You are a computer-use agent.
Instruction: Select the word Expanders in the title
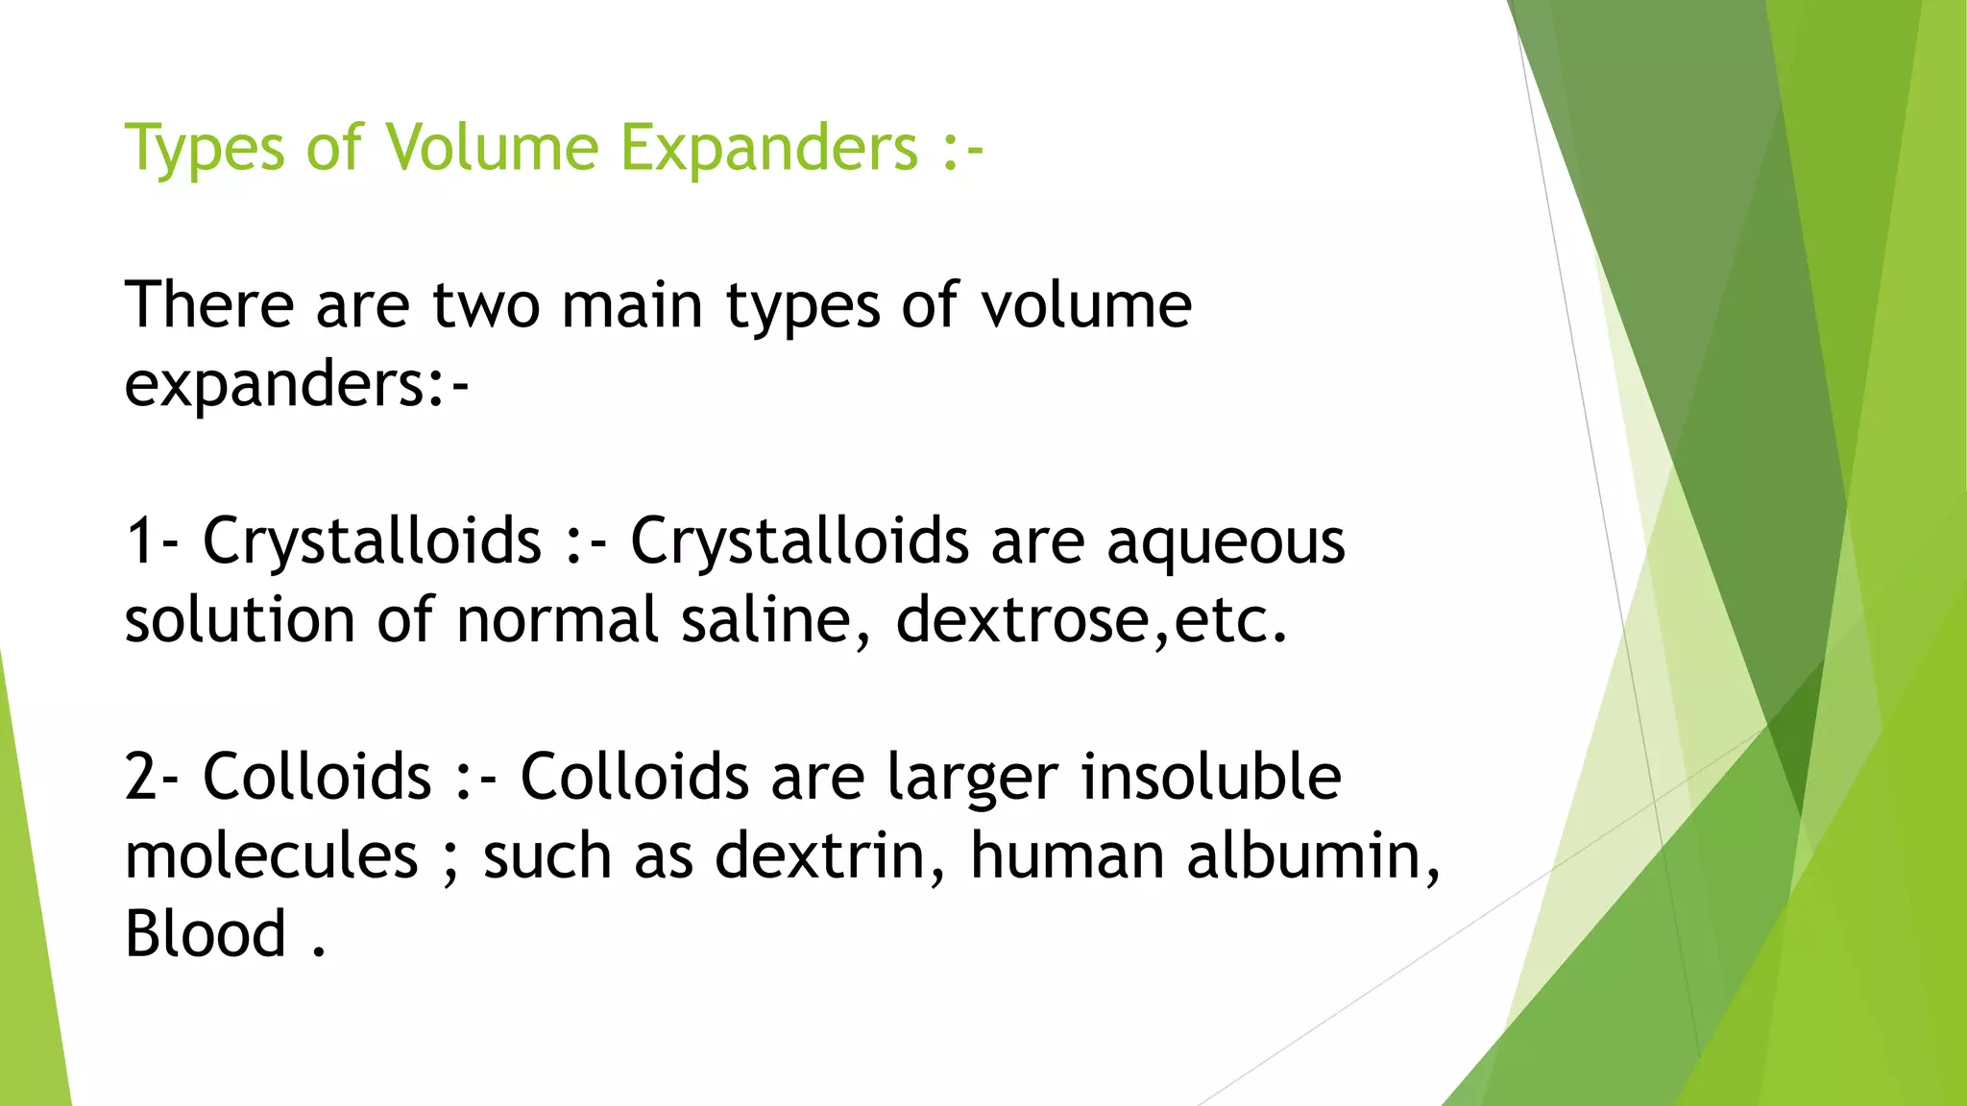(769, 150)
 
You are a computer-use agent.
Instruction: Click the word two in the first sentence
(486, 305)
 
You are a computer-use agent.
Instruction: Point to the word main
(632, 305)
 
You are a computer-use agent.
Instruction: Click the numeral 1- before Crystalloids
(152, 541)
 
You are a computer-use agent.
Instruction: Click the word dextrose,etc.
(1091, 620)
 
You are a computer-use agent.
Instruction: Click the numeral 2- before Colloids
(152, 777)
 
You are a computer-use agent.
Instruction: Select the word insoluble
(1211, 777)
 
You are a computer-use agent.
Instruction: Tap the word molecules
(272, 855)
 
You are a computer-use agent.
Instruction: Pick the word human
(1067, 855)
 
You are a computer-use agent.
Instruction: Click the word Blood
(206, 933)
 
